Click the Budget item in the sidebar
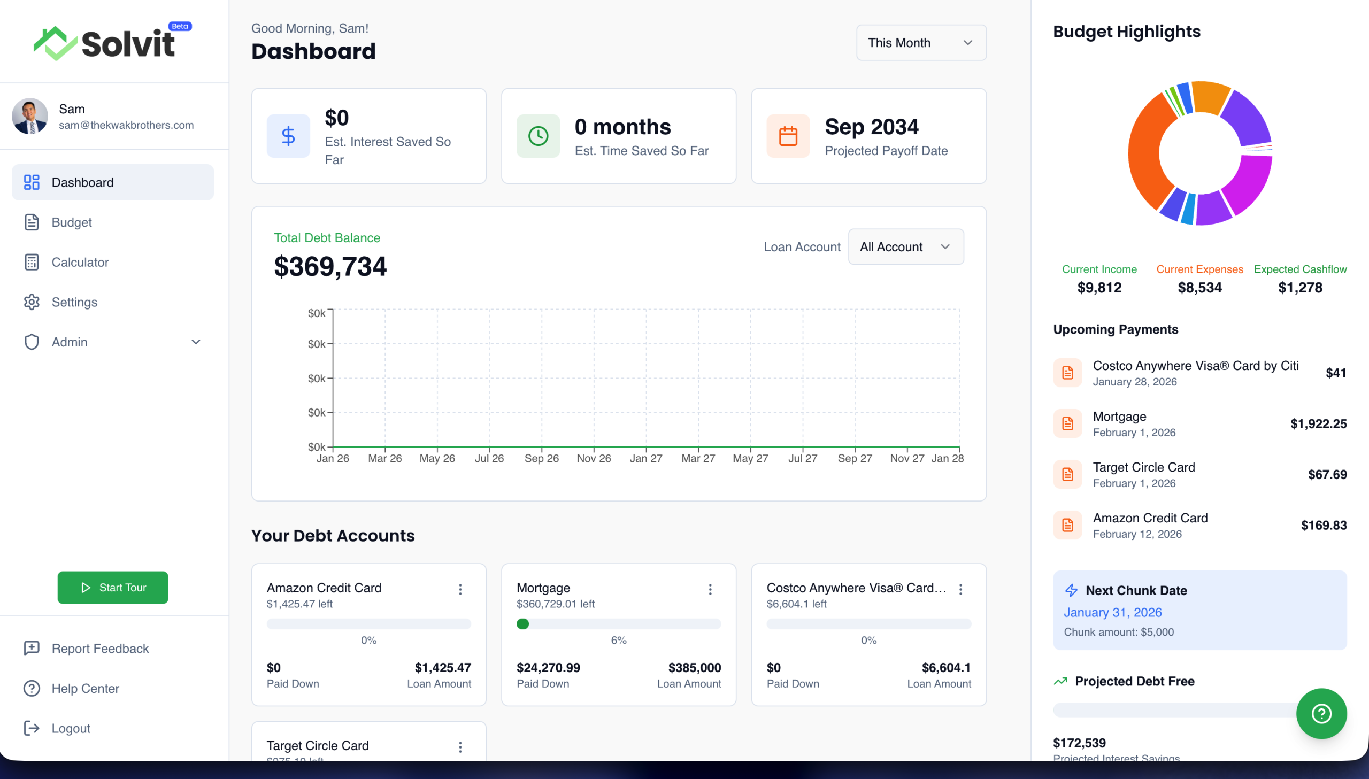tap(71, 222)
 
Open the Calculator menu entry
tap(80, 262)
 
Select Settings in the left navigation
tap(74, 302)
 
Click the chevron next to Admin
tap(196, 342)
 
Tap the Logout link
tap(71, 728)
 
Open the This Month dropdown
tap(921, 43)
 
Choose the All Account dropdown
tap(905, 246)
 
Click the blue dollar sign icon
tap(288, 136)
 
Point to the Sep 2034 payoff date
tap(871, 127)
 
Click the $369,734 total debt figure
tap(330, 266)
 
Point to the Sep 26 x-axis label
tap(541, 459)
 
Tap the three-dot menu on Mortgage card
tap(710, 589)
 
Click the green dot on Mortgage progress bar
tap(522, 624)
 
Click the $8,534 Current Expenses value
tap(1199, 288)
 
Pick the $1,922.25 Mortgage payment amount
tap(1318, 424)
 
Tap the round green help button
tap(1321, 713)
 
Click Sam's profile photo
tap(30, 116)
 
